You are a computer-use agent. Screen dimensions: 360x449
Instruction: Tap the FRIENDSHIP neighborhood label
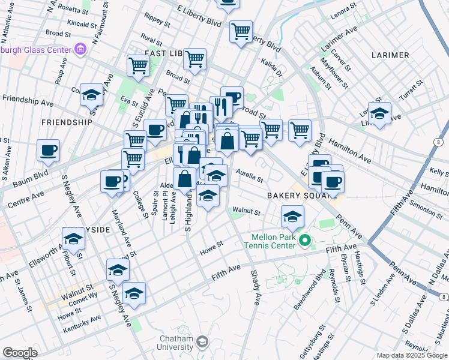[67, 122]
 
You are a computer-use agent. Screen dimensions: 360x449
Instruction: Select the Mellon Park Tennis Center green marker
[305, 241]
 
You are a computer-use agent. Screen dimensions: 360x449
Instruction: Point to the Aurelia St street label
[249, 175]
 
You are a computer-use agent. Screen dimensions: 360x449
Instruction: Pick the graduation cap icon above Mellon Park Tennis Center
[292, 217]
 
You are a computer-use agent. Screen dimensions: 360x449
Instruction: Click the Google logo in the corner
[20, 353]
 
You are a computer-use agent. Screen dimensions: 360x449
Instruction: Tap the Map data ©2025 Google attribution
[412, 355]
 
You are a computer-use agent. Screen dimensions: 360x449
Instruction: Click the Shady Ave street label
[255, 287]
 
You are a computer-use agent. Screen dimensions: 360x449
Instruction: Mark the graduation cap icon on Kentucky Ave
[134, 293]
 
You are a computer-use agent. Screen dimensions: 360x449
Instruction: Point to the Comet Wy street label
[85, 295]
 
